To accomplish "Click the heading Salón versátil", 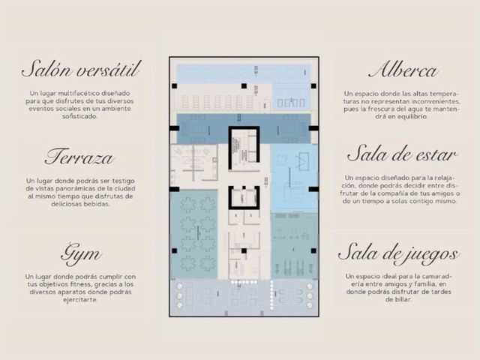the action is pyautogui.click(x=81, y=69).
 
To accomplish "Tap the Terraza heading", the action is pyautogui.click(x=79, y=157).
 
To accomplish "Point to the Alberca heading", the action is pyautogui.click(x=403, y=70).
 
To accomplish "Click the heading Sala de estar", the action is pyautogui.click(x=402, y=154).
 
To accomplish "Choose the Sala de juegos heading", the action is pyautogui.click(x=398, y=254).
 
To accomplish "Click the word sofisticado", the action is pyautogui.click(x=79, y=116).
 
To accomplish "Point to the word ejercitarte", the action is pyautogui.click(x=80, y=300).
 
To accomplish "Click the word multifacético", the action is pyautogui.click(x=79, y=93).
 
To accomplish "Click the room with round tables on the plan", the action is pyautogui.click(x=194, y=235).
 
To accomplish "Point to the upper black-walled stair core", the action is pyautogui.click(x=244, y=148).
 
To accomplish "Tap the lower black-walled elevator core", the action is pyautogui.click(x=244, y=198).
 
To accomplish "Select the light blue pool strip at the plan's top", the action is pyautogui.click(x=244, y=73).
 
